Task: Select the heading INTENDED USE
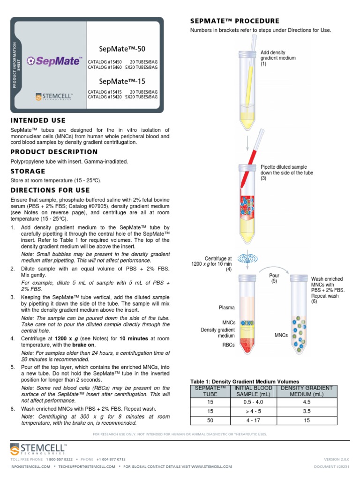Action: pyautogui.click(x=38, y=120)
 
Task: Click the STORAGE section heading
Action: pyautogui.click(x=28, y=171)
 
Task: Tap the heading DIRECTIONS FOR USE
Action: pyautogui.click(x=50, y=190)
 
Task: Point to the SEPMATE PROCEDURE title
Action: pyautogui.click(x=234, y=21)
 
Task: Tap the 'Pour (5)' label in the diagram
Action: pyautogui.click(x=274, y=278)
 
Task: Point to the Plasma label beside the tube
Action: pyautogui.click(x=227, y=308)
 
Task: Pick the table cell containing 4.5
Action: pyautogui.click(x=307, y=402)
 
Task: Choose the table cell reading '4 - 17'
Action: pyautogui.click(x=253, y=420)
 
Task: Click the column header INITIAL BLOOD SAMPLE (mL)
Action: pyautogui.click(x=253, y=391)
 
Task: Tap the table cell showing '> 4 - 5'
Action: pyautogui.click(x=253, y=411)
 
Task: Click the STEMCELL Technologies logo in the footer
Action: pyautogui.click(x=38, y=450)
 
